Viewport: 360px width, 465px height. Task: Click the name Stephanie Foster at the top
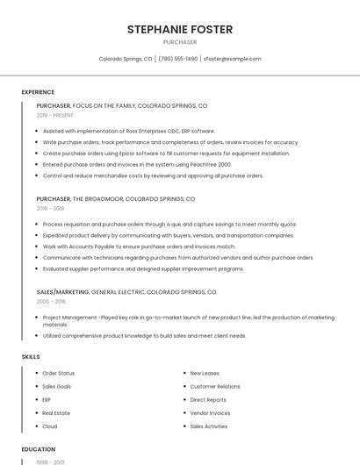click(x=180, y=29)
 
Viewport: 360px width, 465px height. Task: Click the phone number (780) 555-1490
click(x=177, y=59)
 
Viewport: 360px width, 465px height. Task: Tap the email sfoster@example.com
click(x=232, y=59)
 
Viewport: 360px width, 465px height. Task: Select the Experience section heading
click(x=38, y=92)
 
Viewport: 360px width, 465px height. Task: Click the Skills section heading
click(x=30, y=357)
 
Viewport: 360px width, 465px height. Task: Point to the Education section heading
click(x=38, y=449)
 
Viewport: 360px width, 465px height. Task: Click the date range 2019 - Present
click(x=54, y=115)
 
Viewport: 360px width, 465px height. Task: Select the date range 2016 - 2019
click(x=50, y=209)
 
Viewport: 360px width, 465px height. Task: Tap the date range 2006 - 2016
click(x=51, y=301)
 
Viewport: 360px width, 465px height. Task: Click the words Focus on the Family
click(x=104, y=105)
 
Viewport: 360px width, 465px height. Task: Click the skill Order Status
click(x=58, y=374)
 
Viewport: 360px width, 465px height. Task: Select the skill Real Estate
click(x=56, y=413)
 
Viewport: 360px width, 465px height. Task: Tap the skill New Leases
click(x=205, y=374)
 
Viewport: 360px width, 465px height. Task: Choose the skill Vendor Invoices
click(x=210, y=413)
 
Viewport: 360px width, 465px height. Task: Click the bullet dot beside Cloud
click(x=36, y=426)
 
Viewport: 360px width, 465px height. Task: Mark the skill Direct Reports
click(x=208, y=400)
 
